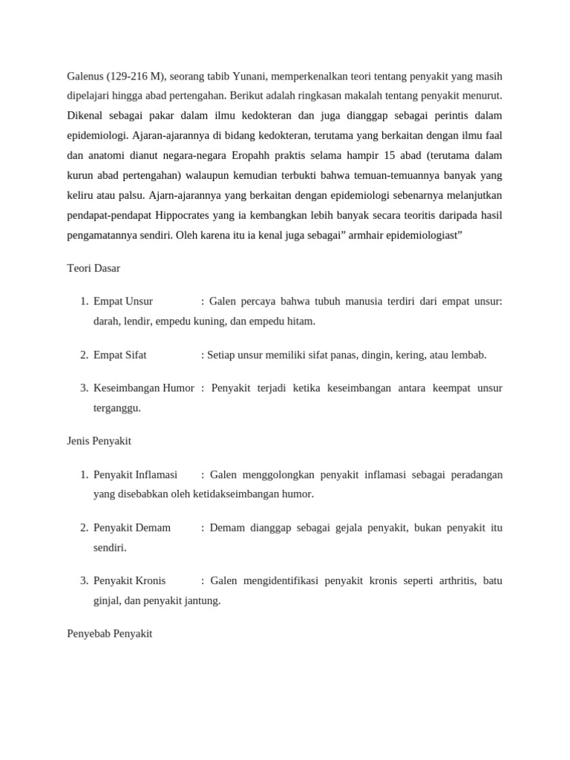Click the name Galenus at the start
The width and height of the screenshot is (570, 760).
click(85, 76)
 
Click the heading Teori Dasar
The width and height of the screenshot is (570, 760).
click(94, 268)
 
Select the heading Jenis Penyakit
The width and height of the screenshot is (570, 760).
click(99, 441)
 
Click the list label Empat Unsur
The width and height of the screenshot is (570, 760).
click(123, 301)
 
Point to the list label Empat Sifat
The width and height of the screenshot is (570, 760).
click(120, 355)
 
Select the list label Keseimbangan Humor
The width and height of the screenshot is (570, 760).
click(144, 388)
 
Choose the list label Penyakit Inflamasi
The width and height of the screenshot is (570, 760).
click(136, 474)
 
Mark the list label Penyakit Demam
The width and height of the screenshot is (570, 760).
click(132, 528)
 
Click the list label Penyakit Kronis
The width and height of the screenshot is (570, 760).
click(130, 580)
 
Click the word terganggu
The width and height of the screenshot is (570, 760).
click(117, 407)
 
